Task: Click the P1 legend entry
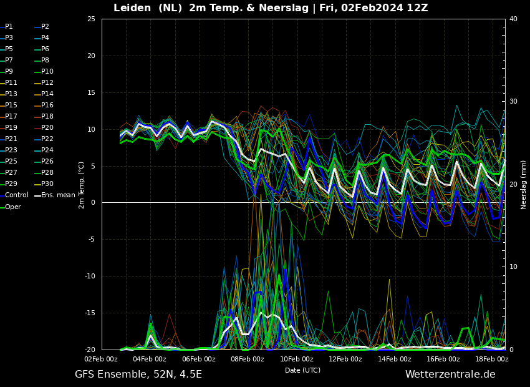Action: coord(7,26)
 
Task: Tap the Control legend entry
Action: coord(14,195)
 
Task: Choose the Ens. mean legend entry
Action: coord(55,195)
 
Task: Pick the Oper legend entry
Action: coord(11,207)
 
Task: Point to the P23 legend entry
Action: coord(7,150)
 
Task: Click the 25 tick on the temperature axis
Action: coord(91,19)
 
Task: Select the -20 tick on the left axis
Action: coord(90,350)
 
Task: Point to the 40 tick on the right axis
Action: coord(513,19)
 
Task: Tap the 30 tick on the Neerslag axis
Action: coord(513,102)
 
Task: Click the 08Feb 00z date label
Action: coord(248,359)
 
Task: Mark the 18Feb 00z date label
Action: coord(492,359)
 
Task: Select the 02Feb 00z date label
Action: coord(101,359)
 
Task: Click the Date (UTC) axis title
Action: coord(302,370)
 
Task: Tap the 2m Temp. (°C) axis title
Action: coord(82,185)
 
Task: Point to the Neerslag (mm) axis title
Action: coord(523,185)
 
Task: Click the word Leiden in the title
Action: coord(132,7)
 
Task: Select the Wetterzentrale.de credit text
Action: coord(450,374)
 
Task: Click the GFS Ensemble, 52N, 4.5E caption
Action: coord(138,375)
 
